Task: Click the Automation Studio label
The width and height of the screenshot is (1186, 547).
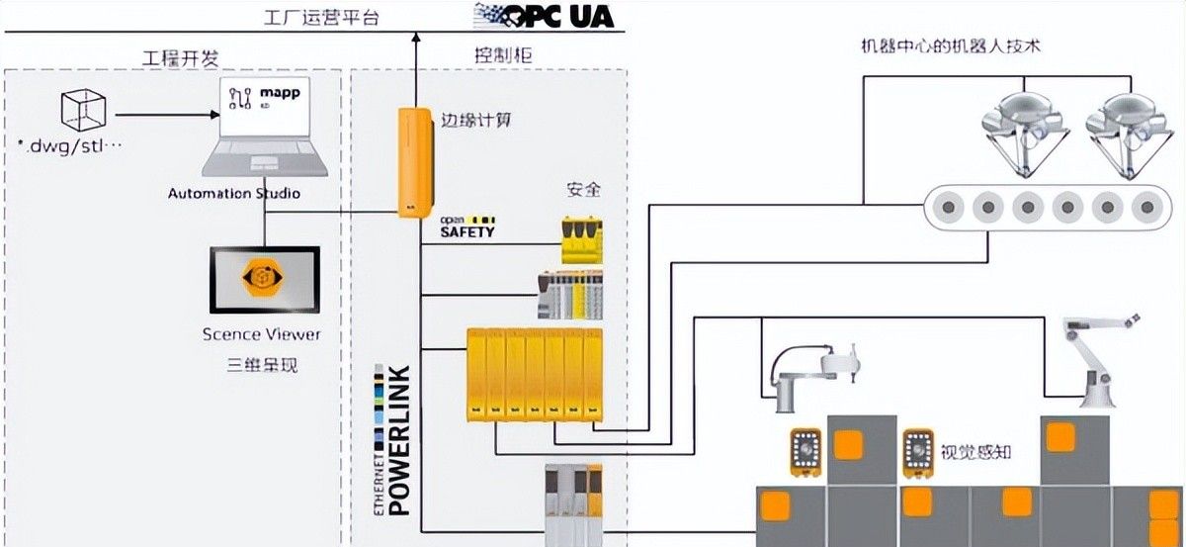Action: point(234,193)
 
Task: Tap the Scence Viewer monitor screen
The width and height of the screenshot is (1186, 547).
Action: point(264,281)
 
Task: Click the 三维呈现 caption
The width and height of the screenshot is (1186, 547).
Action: point(262,365)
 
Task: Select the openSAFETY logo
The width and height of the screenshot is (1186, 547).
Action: point(467,227)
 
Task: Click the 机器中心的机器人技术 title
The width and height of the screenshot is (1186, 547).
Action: point(952,46)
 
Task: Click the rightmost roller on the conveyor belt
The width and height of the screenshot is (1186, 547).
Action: point(1145,209)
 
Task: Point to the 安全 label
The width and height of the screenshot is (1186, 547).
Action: point(583,189)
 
